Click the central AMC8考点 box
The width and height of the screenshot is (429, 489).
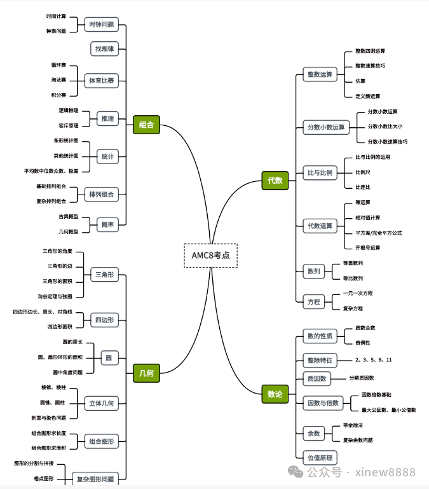210,255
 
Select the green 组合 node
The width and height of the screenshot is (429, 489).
146,125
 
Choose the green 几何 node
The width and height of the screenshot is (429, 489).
146,373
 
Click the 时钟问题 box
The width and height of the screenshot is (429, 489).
102,24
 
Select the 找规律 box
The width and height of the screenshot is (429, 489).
104,48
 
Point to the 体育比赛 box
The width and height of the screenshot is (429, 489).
102,81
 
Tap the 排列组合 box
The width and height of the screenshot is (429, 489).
102,194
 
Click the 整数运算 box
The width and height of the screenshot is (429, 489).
320,74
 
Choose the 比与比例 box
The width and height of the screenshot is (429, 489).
320,172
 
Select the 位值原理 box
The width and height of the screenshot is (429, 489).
320,457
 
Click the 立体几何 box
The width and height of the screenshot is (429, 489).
102,403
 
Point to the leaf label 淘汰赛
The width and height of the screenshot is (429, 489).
58,80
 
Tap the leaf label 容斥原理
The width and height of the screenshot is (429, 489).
69,125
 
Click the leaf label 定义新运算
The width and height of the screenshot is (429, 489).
367,96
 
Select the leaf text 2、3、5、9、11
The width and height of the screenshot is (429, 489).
373,360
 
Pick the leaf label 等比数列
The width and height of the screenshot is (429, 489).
353,278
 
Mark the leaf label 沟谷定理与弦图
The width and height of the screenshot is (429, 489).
55,296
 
